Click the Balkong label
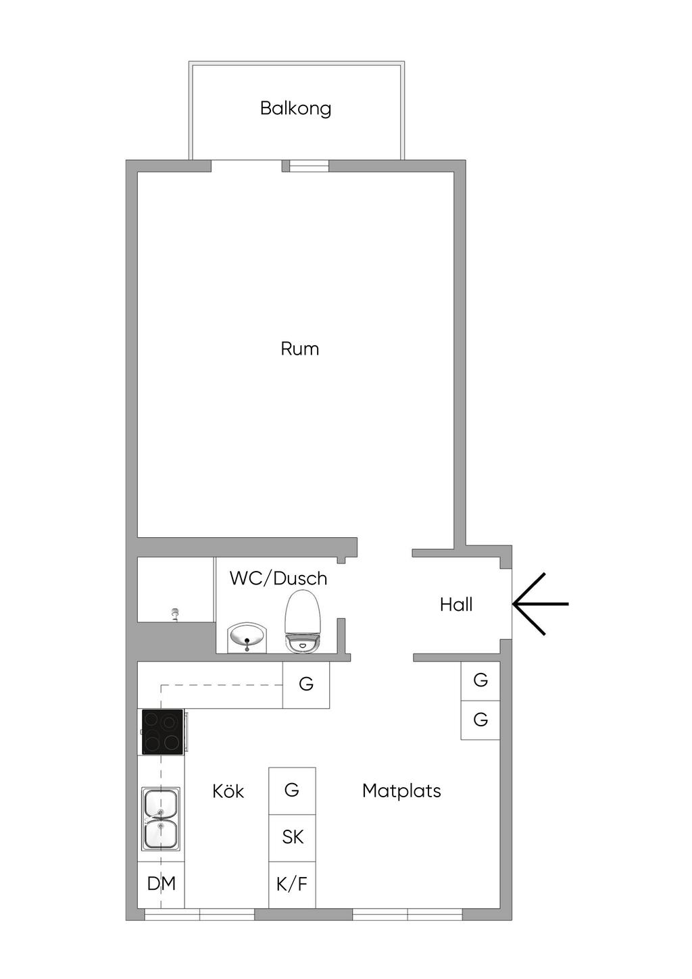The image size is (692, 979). tap(295, 108)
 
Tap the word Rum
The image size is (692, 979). tap(299, 349)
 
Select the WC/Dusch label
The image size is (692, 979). tap(278, 578)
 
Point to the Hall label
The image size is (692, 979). tap(456, 604)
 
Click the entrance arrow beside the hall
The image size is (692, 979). tap(540, 603)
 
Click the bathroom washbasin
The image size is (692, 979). tap(247, 637)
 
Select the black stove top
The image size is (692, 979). tap(162, 732)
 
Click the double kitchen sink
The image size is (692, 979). tap(161, 819)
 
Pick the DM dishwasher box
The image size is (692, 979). tap(162, 884)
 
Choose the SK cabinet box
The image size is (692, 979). tap(292, 837)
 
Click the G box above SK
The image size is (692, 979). tap(292, 790)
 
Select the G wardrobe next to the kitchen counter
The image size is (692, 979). tap(306, 684)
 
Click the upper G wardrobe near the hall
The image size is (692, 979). tap(480, 680)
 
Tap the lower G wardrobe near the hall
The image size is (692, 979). tap(480, 720)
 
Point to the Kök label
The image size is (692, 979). tap(228, 791)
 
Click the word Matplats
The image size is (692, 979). tap(401, 790)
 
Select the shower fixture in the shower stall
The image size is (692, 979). tap(176, 613)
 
